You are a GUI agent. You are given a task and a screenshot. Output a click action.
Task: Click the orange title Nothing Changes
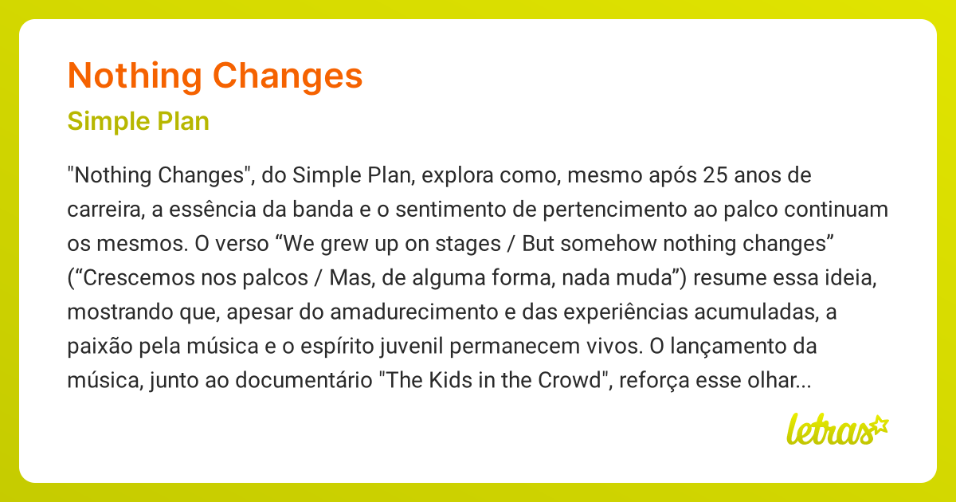[x=215, y=76]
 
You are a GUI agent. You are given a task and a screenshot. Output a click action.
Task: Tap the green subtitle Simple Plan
[x=139, y=122]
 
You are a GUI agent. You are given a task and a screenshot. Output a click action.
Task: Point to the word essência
[x=197, y=210]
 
